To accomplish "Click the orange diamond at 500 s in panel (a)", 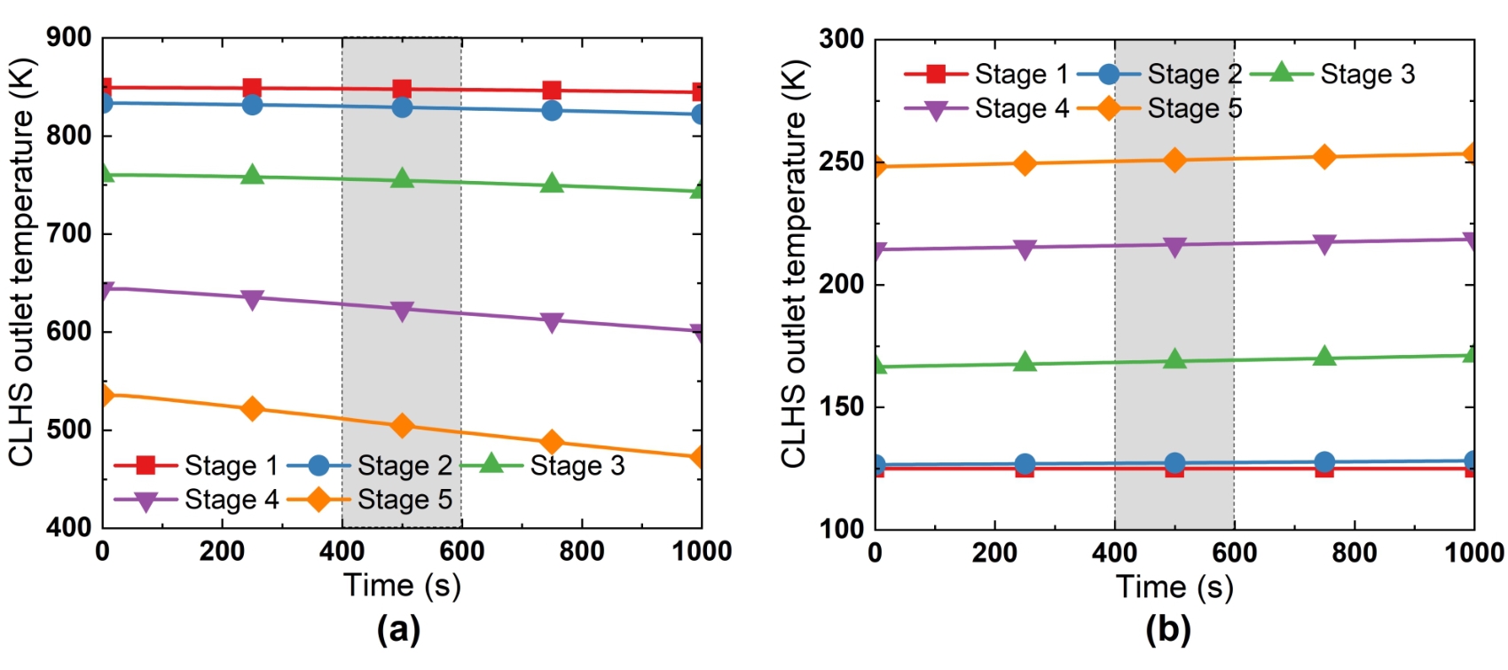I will (402, 426).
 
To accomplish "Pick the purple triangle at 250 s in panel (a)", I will (253, 299).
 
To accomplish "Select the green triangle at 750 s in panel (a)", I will (552, 184).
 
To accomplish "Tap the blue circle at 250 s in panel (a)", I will (253, 105).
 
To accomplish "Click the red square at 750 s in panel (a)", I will (552, 91).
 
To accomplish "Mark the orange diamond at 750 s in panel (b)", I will (1324, 157).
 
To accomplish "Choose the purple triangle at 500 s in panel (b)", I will (1174, 247).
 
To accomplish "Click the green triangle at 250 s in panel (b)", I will (1025, 362).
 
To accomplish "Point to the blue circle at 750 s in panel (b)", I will (1324, 462).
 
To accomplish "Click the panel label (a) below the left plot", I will (398, 630).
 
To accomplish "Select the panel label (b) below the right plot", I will (1168, 630).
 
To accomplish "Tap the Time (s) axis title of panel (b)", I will (1174, 587).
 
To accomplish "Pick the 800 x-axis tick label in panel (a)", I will (582, 552).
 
